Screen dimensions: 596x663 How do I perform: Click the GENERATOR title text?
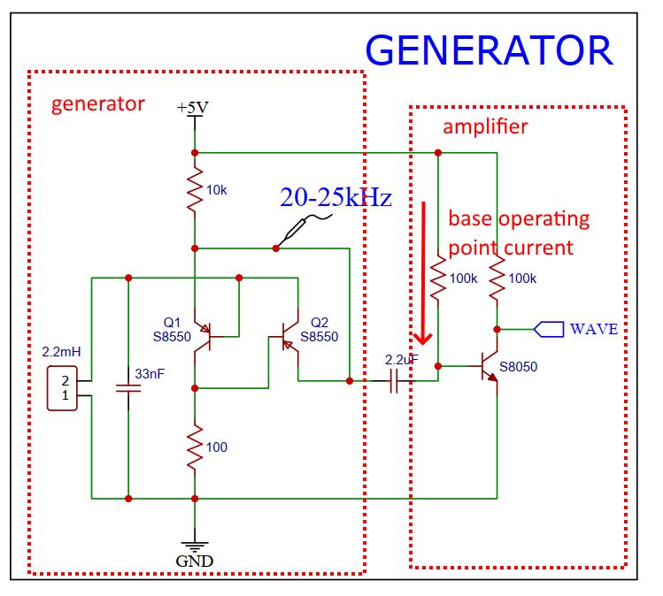click(x=489, y=51)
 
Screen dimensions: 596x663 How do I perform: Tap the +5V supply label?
click(x=193, y=108)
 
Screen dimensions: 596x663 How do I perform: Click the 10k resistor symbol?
click(x=194, y=190)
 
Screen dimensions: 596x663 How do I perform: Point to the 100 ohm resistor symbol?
click(x=194, y=447)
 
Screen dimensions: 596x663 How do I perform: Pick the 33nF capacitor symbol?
click(x=128, y=387)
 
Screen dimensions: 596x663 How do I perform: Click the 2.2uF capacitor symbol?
click(x=396, y=381)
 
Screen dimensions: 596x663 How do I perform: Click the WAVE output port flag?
click(x=550, y=329)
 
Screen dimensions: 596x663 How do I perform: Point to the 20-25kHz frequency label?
click(x=335, y=198)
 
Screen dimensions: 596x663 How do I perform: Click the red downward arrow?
click(x=425, y=274)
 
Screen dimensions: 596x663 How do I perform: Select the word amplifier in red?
click(x=485, y=126)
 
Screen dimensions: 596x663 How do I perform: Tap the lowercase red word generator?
click(x=97, y=103)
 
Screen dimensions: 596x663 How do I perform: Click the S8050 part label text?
click(x=519, y=366)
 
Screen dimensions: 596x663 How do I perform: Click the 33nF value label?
click(x=150, y=374)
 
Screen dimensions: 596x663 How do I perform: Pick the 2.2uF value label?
click(x=402, y=361)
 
